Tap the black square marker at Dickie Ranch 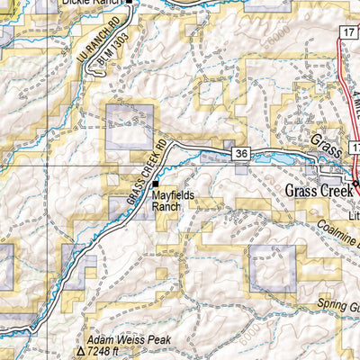(128, 3)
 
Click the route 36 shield (240, 154)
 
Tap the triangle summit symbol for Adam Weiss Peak (79, 353)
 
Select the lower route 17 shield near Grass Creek (352, 145)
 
